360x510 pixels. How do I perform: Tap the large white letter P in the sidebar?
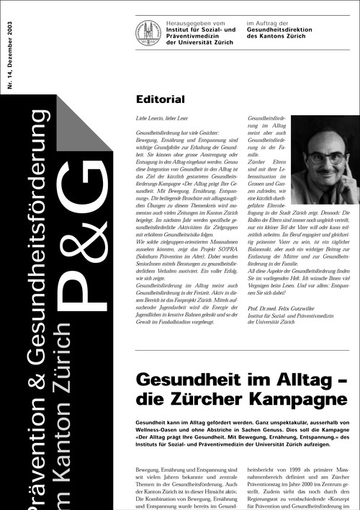[79, 303]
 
